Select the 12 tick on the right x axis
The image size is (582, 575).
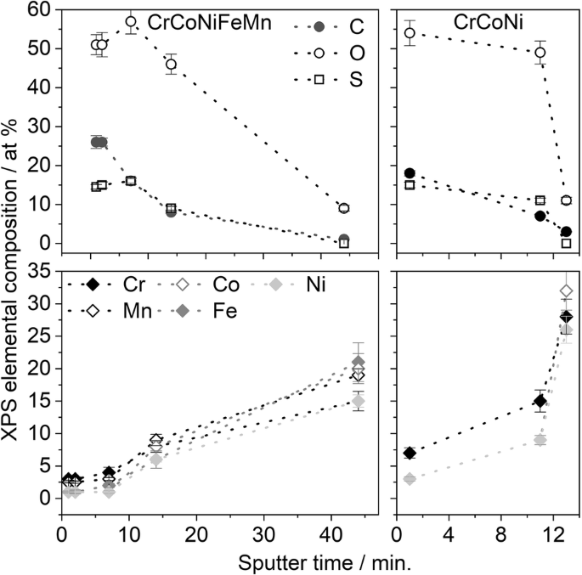click(x=552, y=538)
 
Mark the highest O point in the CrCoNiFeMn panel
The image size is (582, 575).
click(x=131, y=22)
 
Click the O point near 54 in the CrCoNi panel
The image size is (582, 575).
click(x=410, y=33)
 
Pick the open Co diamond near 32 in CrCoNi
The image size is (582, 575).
click(x=566, y=291)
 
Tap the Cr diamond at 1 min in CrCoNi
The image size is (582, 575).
click(x=410, y=453)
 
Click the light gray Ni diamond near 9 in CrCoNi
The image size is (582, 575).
click(x=540, y=440)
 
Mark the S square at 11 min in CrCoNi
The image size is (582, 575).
click(x=540, y=200)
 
